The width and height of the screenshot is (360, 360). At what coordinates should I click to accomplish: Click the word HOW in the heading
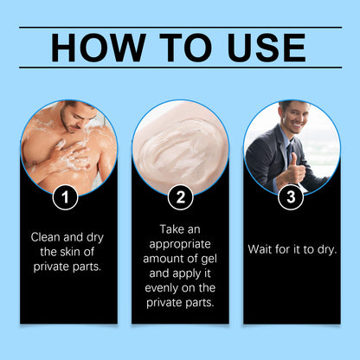pos(99,48)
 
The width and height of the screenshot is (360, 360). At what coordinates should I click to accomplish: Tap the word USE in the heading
pos(267,48)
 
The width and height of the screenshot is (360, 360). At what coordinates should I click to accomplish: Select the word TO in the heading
pos(186,48)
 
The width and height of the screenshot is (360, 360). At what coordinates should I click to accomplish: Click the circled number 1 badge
pos(65,197)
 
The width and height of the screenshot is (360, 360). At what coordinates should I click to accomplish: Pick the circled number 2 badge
pos(181,197)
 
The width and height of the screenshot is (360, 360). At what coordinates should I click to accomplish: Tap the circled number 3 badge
pos(291,197)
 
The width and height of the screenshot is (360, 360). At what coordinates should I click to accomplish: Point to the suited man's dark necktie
pos(288,153)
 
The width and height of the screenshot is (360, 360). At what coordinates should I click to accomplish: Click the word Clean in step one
pos(46,237)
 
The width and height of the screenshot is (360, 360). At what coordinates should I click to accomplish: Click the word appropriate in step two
pos(180,245)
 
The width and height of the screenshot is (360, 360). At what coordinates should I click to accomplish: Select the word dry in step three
pos(327,250)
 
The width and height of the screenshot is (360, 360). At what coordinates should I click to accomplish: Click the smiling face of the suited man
pos(294,119)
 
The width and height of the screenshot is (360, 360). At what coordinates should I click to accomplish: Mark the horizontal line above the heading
pos(181,28)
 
